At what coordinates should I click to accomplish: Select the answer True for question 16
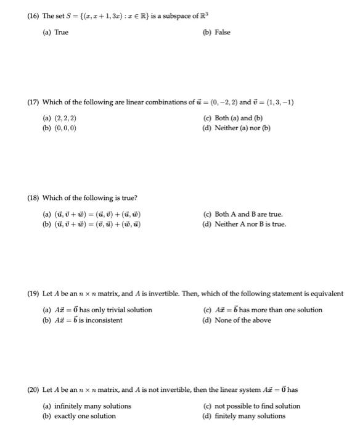(x=61, y=32)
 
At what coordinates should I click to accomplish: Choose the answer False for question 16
(x=222, y=32)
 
